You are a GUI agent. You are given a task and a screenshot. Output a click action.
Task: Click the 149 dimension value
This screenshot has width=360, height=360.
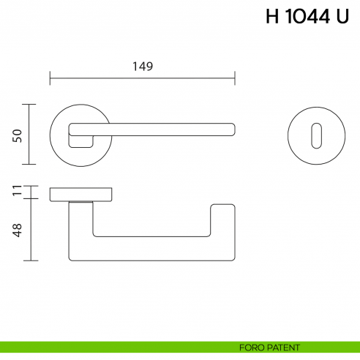click(142, 66)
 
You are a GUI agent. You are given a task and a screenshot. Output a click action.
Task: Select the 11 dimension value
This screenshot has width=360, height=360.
click(18, 192)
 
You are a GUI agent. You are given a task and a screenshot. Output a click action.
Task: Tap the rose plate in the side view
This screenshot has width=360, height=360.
click(80, 194)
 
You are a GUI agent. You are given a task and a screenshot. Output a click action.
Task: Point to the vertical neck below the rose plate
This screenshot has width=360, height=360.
click(80, 227)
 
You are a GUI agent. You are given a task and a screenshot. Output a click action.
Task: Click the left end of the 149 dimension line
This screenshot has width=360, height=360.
click(50, 76)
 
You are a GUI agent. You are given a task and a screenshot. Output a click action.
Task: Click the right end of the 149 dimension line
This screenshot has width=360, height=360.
click(234, 76)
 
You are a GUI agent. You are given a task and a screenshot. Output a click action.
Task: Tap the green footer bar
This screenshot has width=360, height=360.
click(110, 347)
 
